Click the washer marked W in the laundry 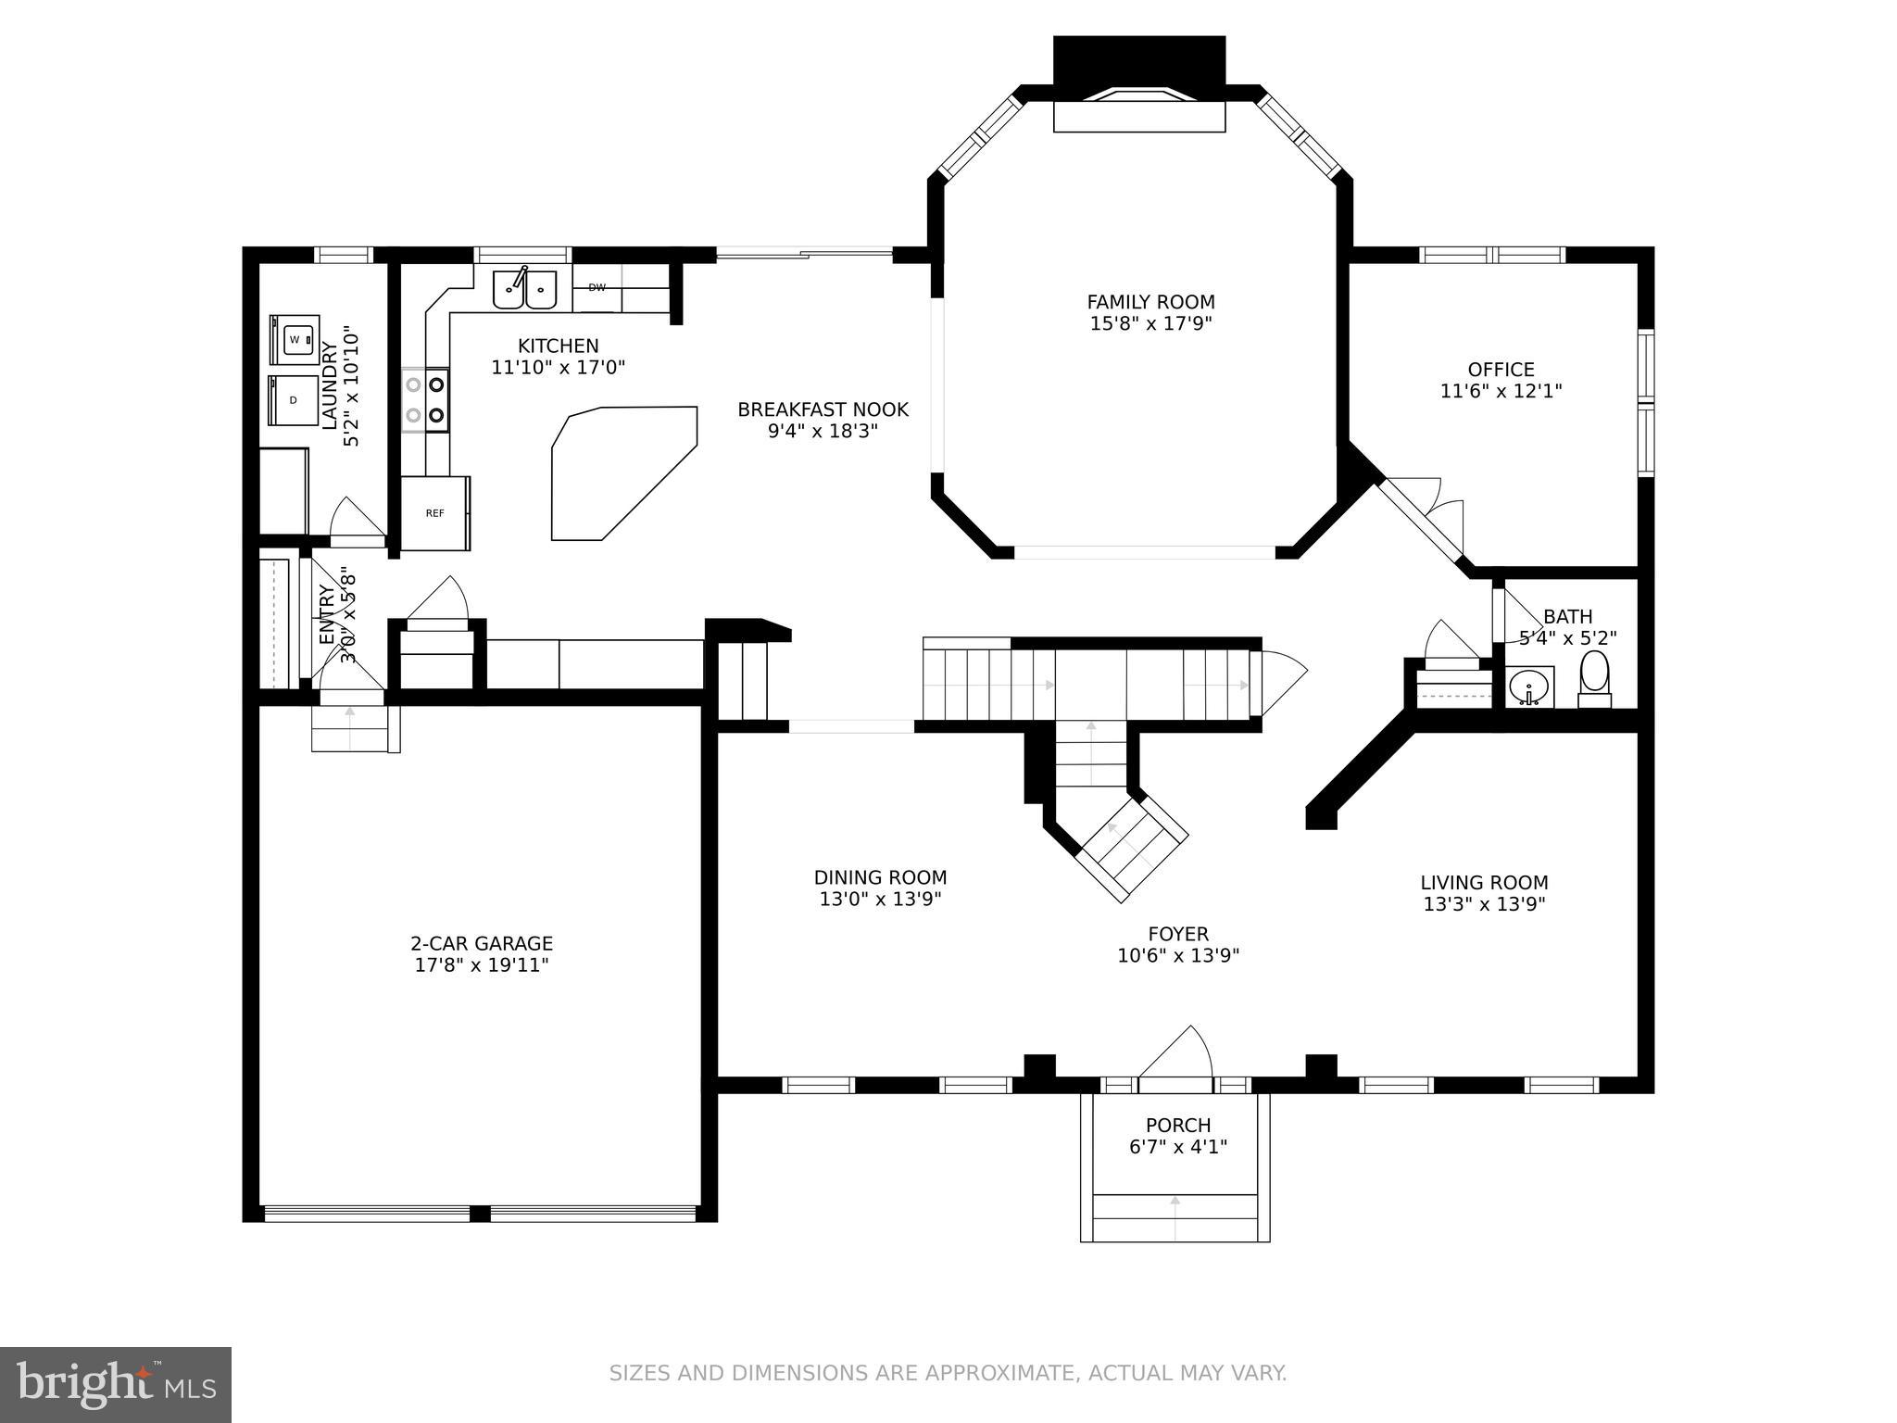[295, 339]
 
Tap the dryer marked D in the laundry [294, 400]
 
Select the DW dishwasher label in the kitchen [597, 287]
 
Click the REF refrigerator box [434, 513]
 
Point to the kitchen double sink [524, 289]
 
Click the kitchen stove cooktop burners [426, 400]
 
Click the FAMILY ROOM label [1150, 302]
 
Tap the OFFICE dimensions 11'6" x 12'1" [1501, 391]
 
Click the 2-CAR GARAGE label [482, 943]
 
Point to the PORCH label [1177, 1125]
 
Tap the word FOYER [1177, 934]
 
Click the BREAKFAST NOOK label [823, 409]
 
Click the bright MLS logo [116, 1384]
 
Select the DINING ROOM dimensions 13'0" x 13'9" [880, 899]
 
